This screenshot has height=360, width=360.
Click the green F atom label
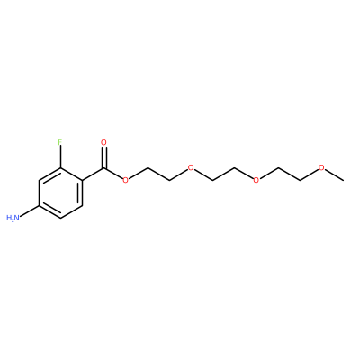click(60, 142)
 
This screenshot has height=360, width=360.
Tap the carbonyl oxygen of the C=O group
click(103, 142)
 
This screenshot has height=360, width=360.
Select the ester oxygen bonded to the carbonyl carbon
click(126, 180)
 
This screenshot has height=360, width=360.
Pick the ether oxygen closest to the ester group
click(191, 167)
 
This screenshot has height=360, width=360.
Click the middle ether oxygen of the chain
click(256, 180)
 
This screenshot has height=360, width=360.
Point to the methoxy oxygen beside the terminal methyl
click(321, 167)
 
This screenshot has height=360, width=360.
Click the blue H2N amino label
click(13, 218)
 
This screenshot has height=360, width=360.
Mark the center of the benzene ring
click(60, 193)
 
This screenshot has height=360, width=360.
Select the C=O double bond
click(103, 157)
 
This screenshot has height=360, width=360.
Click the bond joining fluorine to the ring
click(60, 157)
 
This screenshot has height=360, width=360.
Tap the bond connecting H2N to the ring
click(29, 211)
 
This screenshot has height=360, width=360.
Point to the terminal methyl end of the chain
click(343, 180)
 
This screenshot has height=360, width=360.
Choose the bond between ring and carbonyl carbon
click(93, 174)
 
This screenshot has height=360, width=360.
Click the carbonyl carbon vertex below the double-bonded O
click(103, 167)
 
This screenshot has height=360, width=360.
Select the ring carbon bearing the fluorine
click(60, 167)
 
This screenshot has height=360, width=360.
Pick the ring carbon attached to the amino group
click(39, 205)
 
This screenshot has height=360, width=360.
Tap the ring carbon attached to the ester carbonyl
click(82, 180)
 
